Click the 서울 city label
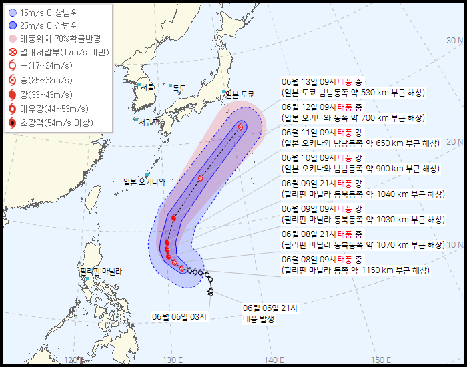147,87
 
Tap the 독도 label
179,88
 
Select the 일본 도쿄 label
240,95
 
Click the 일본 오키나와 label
143,181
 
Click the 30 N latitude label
456,41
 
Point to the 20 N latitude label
456,141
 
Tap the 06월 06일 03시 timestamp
179,316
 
